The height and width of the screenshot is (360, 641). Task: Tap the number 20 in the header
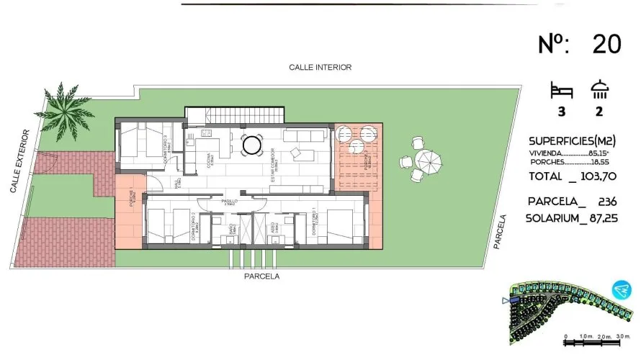tap(607, 45)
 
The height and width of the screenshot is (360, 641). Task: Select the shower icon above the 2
tap(599, 91)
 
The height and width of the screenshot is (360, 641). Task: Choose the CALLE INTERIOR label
tap(320, 67)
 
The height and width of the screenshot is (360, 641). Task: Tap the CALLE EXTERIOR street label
tap(19, 161)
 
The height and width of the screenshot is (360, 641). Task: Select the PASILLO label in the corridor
tap(230, 202)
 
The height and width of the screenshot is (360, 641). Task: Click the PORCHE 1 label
tap(132, 198)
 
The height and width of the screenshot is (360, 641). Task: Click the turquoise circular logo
tap(620, 290)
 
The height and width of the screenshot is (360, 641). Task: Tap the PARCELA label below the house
tap(261, 276)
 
